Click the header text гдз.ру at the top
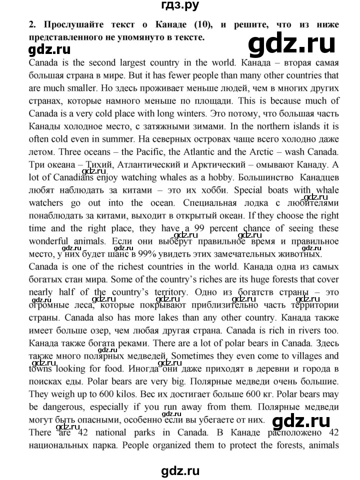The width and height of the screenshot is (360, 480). coord(180,6)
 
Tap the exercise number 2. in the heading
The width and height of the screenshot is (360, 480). coord(32,24)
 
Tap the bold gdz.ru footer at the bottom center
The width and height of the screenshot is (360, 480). coord(179,470)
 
